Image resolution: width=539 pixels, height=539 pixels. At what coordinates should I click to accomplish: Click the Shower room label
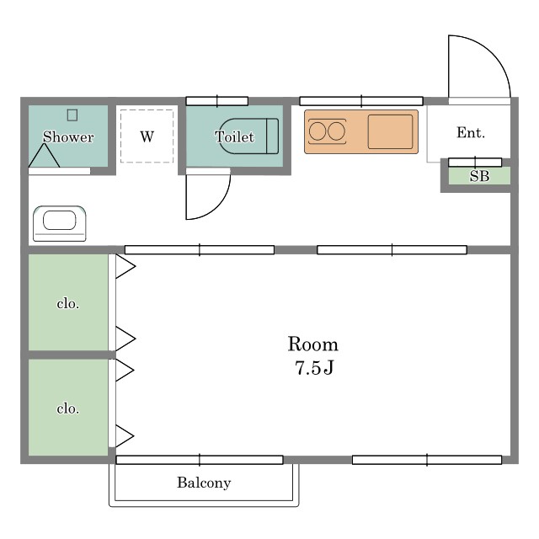(x=68, y=136)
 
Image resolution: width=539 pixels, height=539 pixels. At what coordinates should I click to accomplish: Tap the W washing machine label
(x=147, y=136)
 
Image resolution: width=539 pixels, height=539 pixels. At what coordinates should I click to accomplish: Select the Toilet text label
(x=234, y=136)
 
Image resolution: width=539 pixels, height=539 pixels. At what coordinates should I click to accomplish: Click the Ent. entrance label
(x=471, y=133)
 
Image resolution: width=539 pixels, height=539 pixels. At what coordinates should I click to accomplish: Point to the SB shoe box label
(x=479, y=176)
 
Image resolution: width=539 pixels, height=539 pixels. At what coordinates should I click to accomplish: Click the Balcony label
(x=204, y=483)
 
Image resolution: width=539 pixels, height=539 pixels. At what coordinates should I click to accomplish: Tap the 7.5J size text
(x=314, y=367)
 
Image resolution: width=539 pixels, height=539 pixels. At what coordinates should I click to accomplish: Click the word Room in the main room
(x=312, y=344)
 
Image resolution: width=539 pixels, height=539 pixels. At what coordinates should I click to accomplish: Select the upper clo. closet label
(x=67, y=303)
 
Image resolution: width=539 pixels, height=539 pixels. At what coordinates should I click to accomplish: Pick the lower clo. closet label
(x=67, y=408)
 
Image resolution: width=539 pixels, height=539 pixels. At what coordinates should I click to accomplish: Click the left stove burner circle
(x=317, y=131)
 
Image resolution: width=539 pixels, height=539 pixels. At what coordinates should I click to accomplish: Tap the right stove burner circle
(x=336, y=131)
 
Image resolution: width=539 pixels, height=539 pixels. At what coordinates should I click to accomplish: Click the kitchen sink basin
(x=390, y=131)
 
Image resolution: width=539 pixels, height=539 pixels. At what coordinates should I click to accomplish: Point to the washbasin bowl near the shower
(x=60, y=221)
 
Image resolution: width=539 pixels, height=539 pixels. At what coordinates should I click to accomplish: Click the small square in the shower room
(x=72, y=115)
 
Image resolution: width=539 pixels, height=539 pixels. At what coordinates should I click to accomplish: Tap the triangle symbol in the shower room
(x=44, y=156)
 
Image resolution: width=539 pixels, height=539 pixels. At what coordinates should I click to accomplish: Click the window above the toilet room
(x=217, y=101)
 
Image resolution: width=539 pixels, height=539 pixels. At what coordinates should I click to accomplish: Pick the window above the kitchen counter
(x=361, y=101)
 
